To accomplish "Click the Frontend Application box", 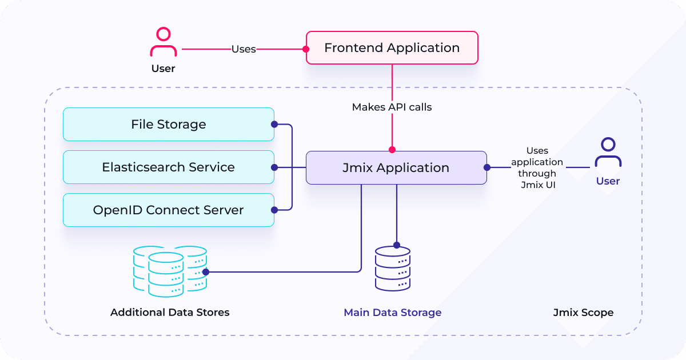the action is click(392, 48).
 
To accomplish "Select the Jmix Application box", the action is click(396, 168).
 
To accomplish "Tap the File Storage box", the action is click(169, 125).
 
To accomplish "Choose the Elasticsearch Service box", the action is click(169, 167).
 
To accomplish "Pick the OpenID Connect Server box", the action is click(169, 210).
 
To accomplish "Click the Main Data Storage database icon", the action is click(393, 269).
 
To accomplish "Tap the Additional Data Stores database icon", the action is click(170, 271).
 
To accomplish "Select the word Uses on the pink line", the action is click(244, 49).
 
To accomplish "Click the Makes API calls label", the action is click(392, 107).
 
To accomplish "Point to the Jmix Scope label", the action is click(584, 313).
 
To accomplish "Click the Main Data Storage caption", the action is click(393, 313).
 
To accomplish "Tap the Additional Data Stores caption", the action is click(170, 313).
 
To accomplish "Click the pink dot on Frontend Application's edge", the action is click(306, 49).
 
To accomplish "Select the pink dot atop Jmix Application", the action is click(392, 150).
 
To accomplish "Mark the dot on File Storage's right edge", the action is click(274, 125).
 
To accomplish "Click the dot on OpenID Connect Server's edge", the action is click(274, 210).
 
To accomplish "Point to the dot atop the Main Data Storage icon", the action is click(397, 245).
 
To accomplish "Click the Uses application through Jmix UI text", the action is click(537, 168).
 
